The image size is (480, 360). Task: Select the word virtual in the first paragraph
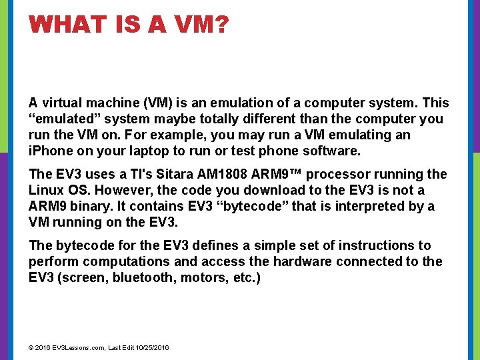coord(62,103)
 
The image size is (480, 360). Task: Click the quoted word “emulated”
coord(62,119)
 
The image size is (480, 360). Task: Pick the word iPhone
coord(49,151)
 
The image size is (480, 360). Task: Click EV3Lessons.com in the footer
coord(81,348)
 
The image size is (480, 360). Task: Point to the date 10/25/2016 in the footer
coord(151,348)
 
